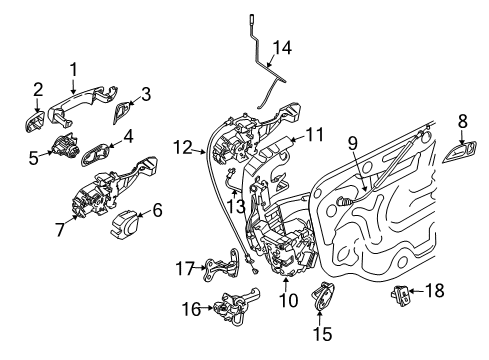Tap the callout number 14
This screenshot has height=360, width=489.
(x=285, y=46)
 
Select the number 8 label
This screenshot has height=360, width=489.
(x=461, y=121)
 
